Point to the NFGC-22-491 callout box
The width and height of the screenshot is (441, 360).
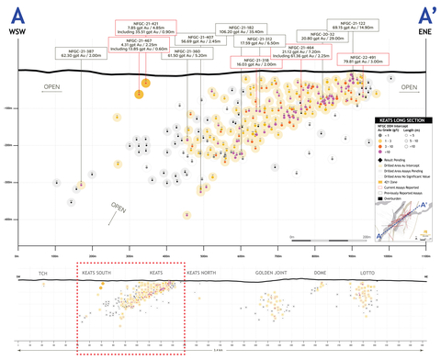point(362,60)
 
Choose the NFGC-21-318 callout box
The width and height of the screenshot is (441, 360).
point(255,63)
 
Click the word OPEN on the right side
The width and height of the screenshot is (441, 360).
point(408,88)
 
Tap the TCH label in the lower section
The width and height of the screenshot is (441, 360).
point(41,273)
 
